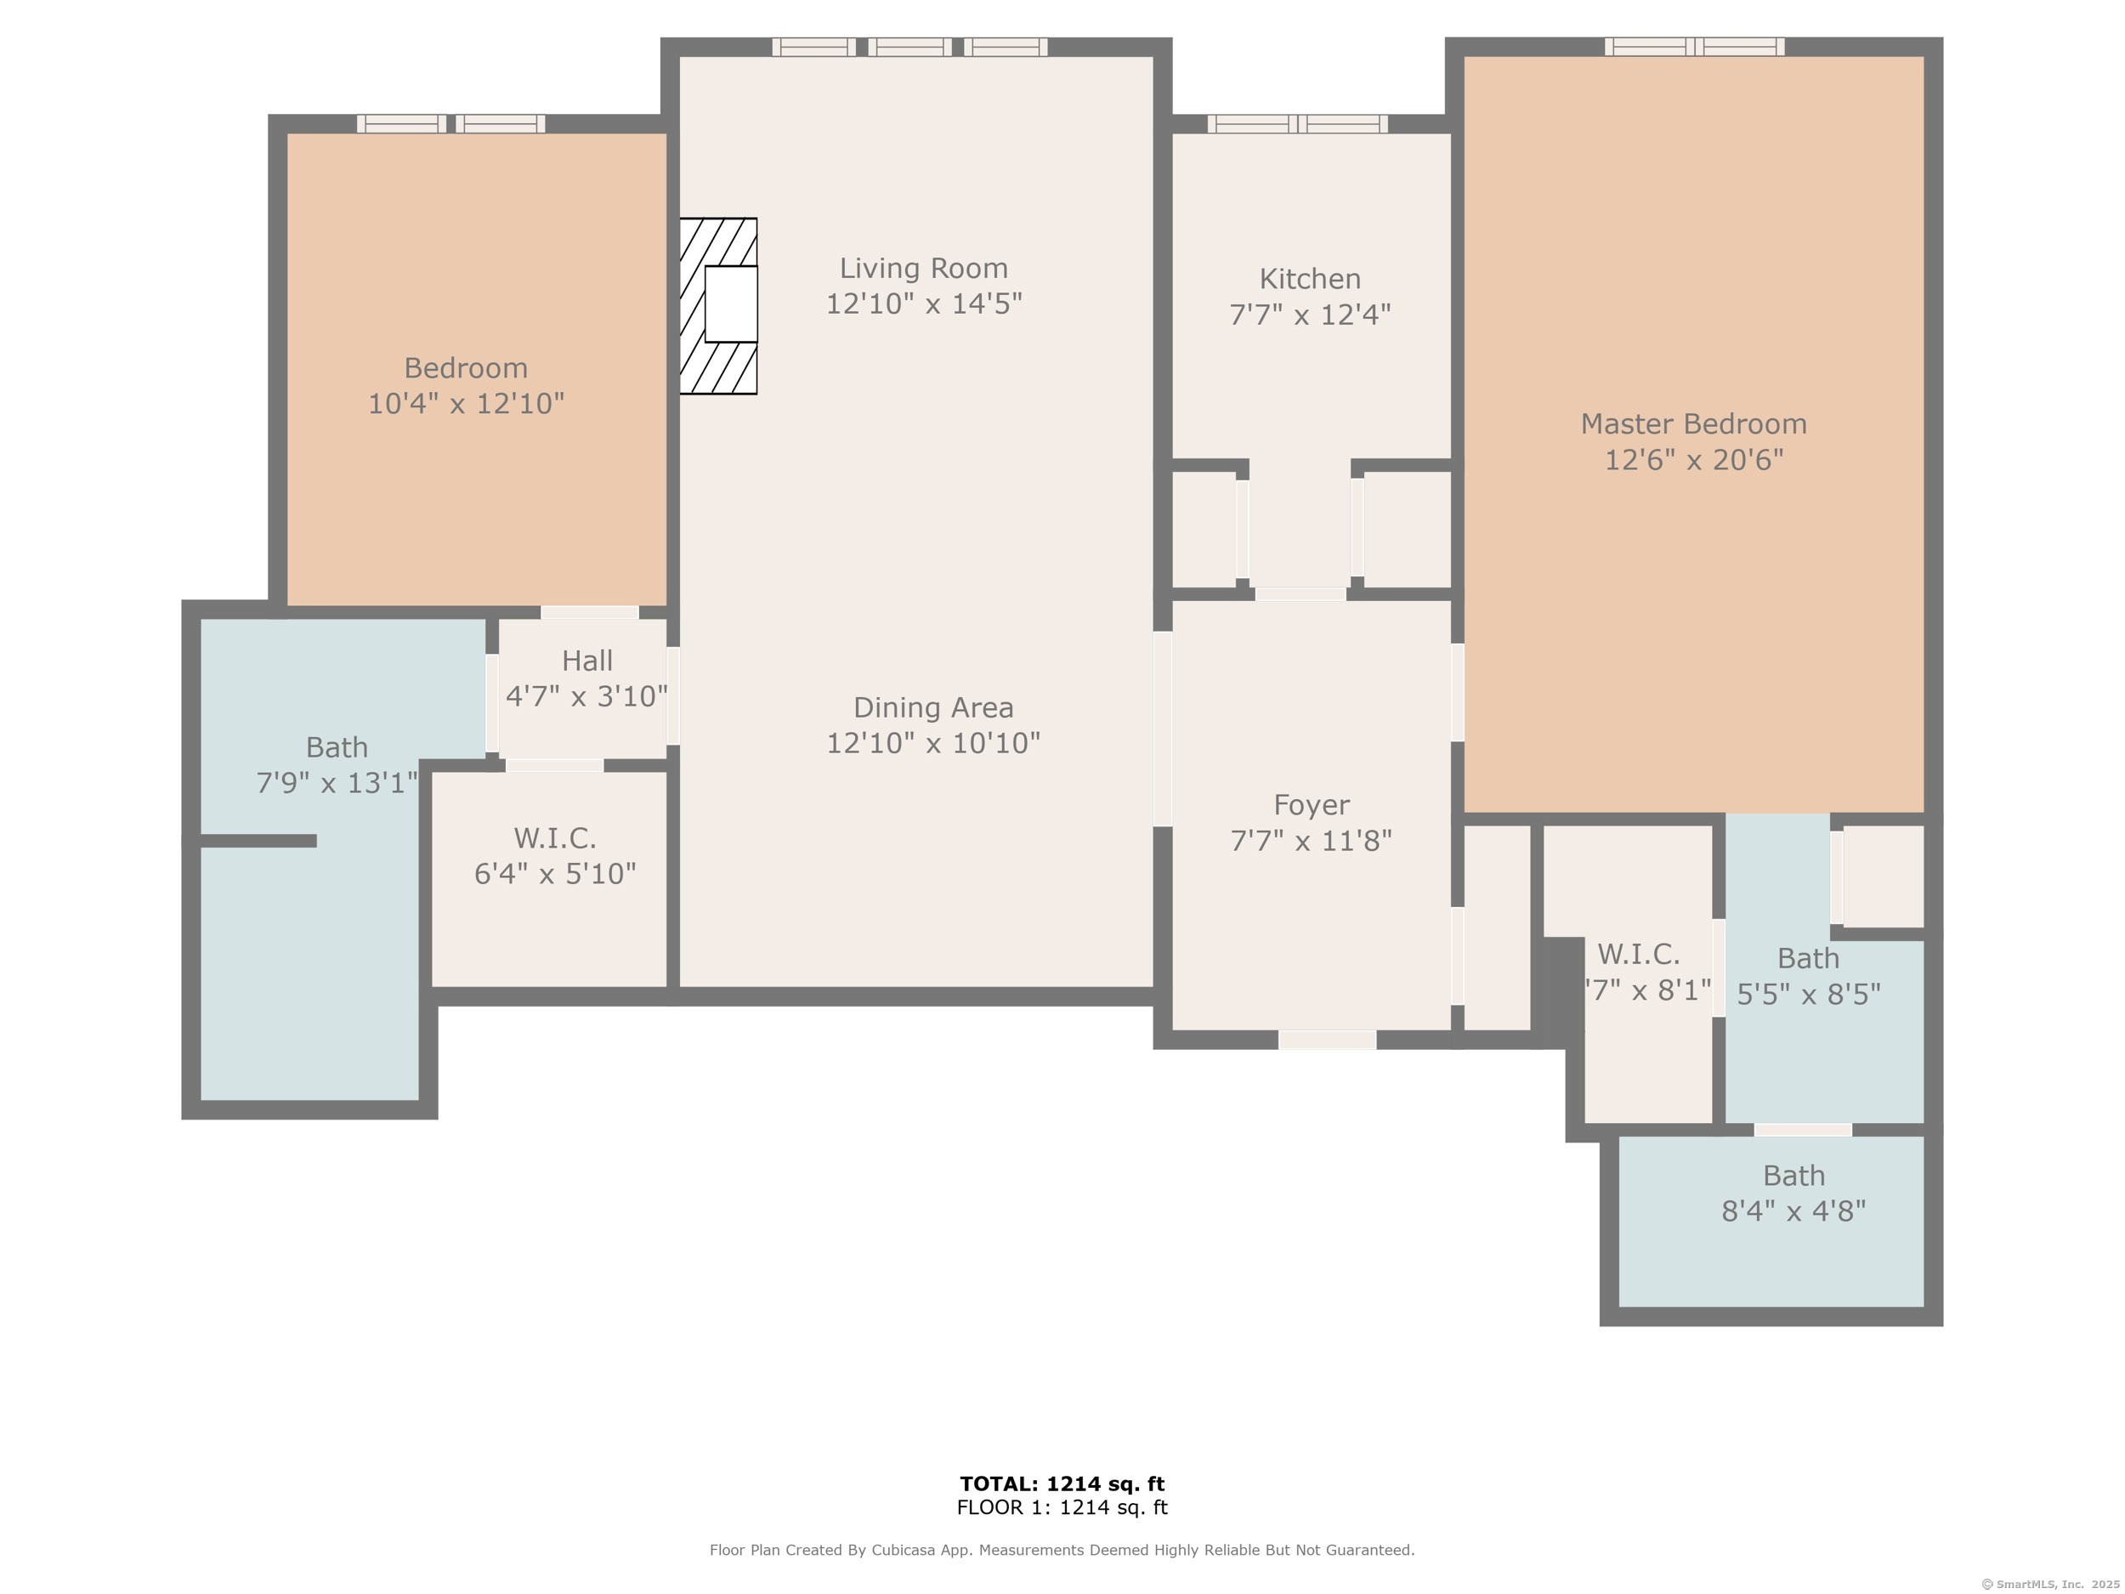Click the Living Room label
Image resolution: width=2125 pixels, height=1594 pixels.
click(x=923, y=268)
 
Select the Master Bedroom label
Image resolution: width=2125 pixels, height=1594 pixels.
click(x=1694, y=423)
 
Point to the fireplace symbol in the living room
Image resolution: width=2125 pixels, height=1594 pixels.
click(x=718, y=305)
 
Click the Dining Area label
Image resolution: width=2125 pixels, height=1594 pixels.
click(x=932, y=708)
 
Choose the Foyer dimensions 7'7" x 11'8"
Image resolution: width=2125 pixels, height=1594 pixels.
click(x=1312, y=841)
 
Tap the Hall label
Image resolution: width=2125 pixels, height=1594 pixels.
click(x=587, y=661)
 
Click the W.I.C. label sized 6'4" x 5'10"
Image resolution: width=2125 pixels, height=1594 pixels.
click(x=555, y=839)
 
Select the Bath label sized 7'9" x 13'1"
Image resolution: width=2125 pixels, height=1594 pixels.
click(x=337, y=747)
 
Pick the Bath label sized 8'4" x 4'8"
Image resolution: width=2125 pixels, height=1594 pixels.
click(x=1793, y=1176)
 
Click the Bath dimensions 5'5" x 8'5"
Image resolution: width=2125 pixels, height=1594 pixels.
click(x=1809, y=995)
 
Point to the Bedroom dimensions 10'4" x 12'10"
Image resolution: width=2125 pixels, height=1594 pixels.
click(x=466, y=404)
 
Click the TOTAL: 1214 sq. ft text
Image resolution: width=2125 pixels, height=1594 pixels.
click(x=1062, y=1483)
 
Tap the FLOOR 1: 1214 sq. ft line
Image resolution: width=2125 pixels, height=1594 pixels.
click(x=1062, y=1507)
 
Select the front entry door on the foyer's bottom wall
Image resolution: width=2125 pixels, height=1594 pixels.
click(x=1327, y=1040)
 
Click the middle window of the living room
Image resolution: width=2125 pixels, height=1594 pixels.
click(x=909, y=47)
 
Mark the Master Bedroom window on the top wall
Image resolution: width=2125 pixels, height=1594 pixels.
click(x=1695, y=47)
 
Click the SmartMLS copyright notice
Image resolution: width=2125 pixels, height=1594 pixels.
click(x=2050, y=1585)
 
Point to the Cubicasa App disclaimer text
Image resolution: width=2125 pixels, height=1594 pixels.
click(x=1062, y=1550)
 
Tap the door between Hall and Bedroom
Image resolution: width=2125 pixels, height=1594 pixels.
click(x=590, y=612)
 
